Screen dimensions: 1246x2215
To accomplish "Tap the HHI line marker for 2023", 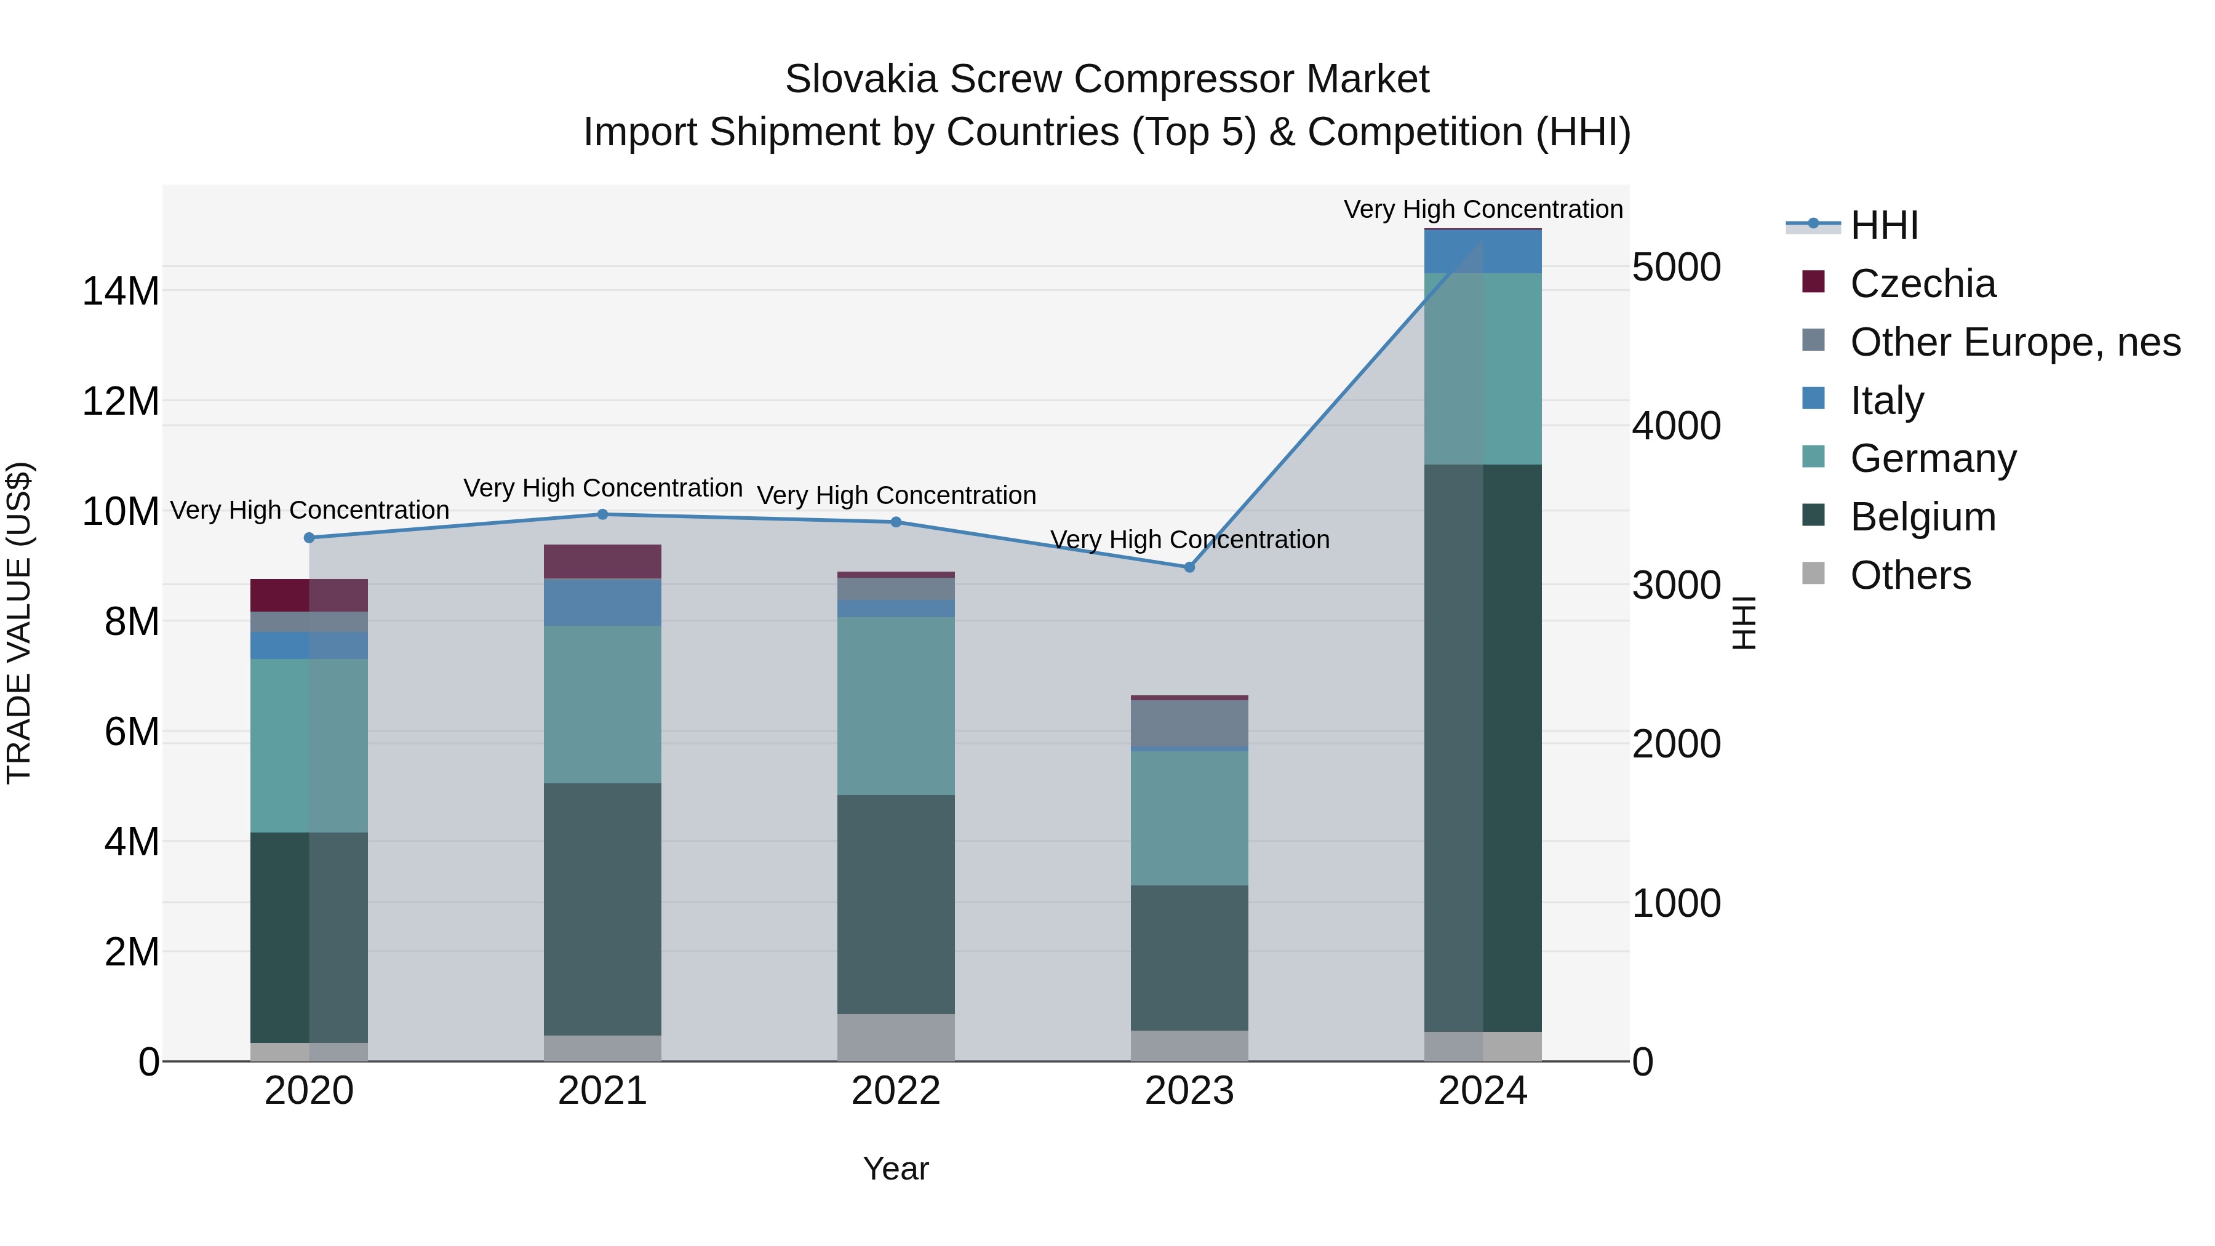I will [x=1189, y=567].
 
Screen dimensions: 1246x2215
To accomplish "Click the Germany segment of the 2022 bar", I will [x=896, y=705].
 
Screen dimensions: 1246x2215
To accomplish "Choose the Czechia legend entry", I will [x=1923, y=284].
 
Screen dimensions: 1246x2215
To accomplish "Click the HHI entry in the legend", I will [x=1883, y=225].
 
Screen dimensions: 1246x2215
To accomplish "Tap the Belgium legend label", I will [x=1923, y=517].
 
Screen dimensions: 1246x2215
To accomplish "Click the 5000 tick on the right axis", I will [x=1676, y=268].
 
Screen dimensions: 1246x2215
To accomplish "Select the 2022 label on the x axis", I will [x=896, y=1091].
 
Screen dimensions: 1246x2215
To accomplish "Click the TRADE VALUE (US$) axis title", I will [x=19, y=623].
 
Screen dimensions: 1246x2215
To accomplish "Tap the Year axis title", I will [x=896, y=1168].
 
